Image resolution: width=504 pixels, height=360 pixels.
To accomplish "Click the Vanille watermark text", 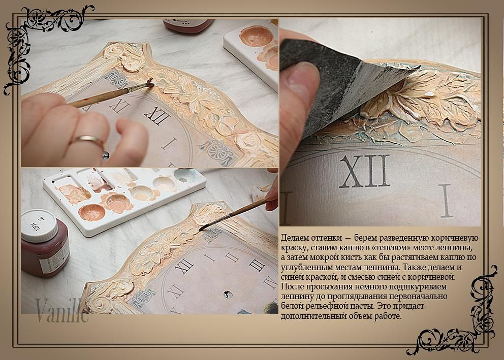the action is [61, 310].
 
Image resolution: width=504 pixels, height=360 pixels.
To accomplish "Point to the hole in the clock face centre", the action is [227, 294].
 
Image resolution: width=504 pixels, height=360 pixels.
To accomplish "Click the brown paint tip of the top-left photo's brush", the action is [150, 83].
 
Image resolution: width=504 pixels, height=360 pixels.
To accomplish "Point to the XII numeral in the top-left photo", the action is [157, 114].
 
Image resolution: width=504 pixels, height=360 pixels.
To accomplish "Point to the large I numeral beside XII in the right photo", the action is [445, 201].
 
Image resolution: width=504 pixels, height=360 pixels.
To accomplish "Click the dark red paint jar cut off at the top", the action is [188, 26].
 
